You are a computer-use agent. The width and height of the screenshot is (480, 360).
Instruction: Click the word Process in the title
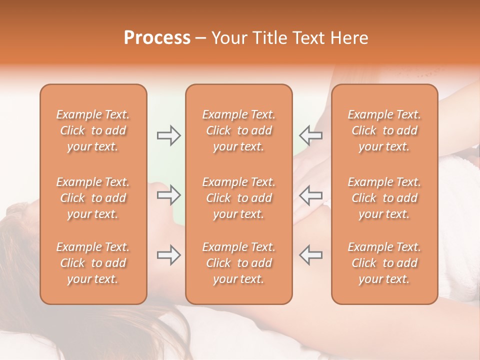(157, 38)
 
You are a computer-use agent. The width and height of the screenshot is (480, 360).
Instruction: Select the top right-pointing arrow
(169, 135)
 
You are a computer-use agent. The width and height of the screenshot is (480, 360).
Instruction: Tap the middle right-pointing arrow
(169, 195)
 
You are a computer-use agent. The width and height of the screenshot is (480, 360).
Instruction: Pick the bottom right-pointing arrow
(169, 255)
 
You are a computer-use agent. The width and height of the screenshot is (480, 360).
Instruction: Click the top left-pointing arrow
(310, 135)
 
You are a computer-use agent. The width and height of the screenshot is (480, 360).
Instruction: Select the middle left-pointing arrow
(310, 195)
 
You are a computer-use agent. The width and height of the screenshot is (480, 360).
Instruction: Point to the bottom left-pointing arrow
(310, 255)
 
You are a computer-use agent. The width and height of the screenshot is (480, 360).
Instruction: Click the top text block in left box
(93, 130)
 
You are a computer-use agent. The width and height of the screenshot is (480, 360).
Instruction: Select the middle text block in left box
(93, 198)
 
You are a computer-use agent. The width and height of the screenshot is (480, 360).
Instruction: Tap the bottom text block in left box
(93, 263)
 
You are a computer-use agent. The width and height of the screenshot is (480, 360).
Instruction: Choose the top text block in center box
(238, 130)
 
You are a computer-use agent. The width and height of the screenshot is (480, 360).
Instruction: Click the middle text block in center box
(238, 198)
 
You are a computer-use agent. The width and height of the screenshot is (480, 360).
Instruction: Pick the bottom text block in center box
(238, 263)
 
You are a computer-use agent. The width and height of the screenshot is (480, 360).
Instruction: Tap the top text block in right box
(384, 130)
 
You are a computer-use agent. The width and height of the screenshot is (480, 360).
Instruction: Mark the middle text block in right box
(384, 198)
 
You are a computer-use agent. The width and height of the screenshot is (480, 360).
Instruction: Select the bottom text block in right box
(384, 263)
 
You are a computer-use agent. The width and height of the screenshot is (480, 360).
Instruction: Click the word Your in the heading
(230, 38)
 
